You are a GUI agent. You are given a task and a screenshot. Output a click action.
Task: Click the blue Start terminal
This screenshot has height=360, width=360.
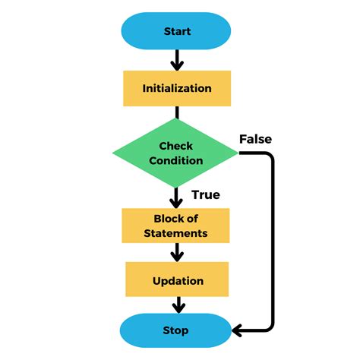click(177, 32)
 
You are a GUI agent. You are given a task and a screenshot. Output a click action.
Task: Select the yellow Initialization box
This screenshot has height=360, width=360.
click(177, 88)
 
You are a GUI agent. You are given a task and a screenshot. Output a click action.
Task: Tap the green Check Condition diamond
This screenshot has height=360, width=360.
click(176, 153)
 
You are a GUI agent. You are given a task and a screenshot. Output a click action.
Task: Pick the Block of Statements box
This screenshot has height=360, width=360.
click(176, 226)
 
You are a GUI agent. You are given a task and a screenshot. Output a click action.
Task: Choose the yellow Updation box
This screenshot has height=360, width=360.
click(177, 280)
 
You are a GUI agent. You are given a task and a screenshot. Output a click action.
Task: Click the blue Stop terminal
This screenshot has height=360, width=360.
click(176, 330)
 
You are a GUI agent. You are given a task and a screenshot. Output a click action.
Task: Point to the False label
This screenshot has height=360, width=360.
click(255, 139)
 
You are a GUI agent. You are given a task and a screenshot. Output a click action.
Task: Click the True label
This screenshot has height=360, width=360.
click(205, 195)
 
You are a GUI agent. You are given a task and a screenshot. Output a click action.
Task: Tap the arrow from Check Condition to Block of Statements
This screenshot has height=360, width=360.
click(177, 197)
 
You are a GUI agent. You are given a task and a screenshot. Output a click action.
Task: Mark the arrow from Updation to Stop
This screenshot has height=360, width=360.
click(177, 305)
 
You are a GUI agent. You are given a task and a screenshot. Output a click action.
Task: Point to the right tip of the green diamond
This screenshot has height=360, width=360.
click(239, 153)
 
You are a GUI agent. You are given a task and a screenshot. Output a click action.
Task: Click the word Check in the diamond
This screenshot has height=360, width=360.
click(176, 146)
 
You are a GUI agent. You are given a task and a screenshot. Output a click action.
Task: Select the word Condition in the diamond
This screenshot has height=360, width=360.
click(176, 160)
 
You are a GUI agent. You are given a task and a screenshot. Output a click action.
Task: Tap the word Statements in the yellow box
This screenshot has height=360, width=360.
click(176, 233)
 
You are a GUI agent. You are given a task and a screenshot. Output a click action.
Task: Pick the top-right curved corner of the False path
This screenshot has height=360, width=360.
click(268, 158)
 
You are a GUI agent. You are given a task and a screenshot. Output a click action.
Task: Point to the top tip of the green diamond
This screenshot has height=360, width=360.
click(176, 119)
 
